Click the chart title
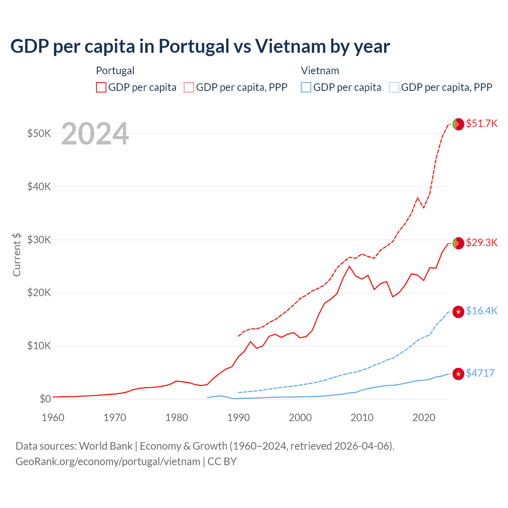click(200, 46)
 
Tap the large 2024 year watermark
click(95, 134)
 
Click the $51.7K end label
click(481, 123)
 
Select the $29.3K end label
click(481, 242)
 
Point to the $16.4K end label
click(481, 311)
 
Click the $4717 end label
click(480, 373)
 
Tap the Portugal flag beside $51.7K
click(458, 124)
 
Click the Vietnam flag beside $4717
click(458, 373)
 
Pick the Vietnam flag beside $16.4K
click(458, 312)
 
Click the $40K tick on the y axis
click(39, 187)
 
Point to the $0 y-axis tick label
click(45, 399)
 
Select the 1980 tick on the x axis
click(177, 418)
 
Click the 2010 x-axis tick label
click(362, 418)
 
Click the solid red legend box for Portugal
click(101, 87)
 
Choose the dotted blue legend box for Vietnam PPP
click(394, 87)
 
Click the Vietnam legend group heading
click(320, 71)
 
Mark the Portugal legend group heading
click(115, 71)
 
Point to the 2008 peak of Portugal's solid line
click(349, 266)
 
